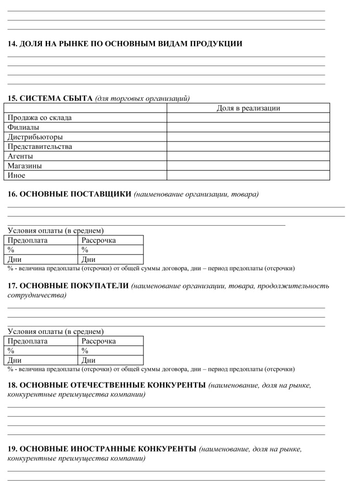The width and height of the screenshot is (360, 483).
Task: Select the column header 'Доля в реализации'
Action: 248,108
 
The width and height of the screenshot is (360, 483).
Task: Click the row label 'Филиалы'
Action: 24,127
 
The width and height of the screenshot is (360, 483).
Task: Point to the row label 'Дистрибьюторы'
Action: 35,137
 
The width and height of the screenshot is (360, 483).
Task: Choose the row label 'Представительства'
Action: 40,147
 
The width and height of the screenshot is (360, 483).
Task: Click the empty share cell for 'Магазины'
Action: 248,166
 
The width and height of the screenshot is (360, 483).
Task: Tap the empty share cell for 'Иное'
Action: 248,176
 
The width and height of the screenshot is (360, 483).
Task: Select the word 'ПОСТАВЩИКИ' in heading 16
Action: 102,194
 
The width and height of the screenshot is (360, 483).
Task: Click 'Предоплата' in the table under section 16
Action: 28,240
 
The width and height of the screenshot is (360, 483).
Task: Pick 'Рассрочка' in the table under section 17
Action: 99,341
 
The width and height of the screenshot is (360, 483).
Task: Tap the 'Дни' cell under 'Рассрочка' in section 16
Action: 89,259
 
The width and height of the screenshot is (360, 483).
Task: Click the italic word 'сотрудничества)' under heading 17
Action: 37,295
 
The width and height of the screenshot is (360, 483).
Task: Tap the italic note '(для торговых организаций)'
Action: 142,99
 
